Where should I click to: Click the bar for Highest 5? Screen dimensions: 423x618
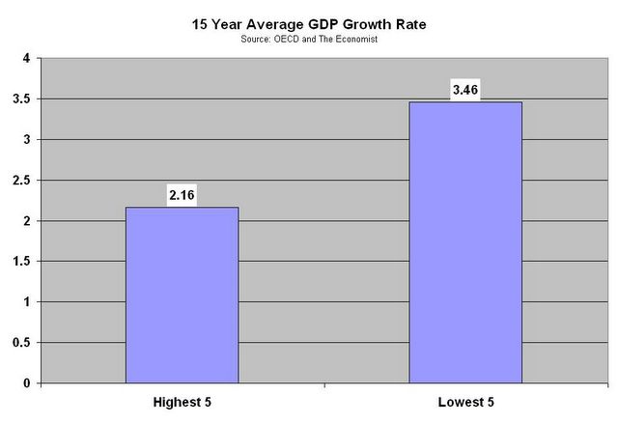(182, 295)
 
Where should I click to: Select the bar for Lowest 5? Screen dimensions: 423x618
(465, 241)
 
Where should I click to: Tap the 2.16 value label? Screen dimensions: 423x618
(182, 195)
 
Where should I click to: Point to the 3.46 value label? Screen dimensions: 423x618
(465, 91)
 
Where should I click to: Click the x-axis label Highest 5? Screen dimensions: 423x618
(182, 402)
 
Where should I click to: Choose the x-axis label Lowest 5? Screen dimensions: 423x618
(465, 402)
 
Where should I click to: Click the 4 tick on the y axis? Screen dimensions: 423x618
(27, 59)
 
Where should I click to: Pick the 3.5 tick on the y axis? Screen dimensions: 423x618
(23, 99)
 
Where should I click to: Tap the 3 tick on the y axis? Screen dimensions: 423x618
(27, 140)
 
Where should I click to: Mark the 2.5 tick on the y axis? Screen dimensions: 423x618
(23, 181)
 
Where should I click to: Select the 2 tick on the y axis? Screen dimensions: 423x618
(27, 221)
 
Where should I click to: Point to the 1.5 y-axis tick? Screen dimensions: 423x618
(23, 262)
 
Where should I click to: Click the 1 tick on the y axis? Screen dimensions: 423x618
(27, 302)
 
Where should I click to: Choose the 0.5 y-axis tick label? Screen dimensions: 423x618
(23, 343)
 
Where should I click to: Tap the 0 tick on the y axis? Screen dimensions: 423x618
(27, 383)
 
